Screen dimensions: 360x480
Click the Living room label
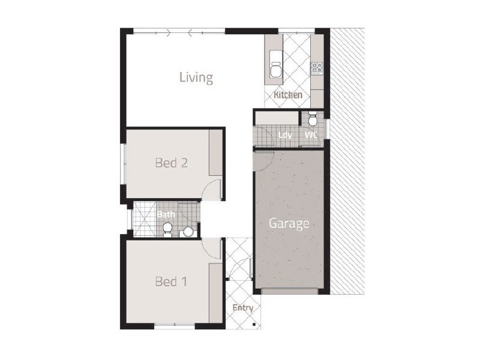point(196,77)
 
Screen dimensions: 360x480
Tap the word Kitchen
point(288,95)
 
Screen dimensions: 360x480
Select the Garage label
point(289,224)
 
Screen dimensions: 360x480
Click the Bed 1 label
point(171,281)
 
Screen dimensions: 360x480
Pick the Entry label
point(242,308)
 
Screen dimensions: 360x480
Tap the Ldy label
point(285,135)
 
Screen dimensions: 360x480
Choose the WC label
point(311,135)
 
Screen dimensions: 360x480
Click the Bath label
point(166,214)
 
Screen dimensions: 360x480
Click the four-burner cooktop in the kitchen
point(316,68)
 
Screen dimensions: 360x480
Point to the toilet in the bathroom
point(168,229)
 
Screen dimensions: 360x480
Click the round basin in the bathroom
point(188,231)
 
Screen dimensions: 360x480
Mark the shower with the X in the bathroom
point(142,219)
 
